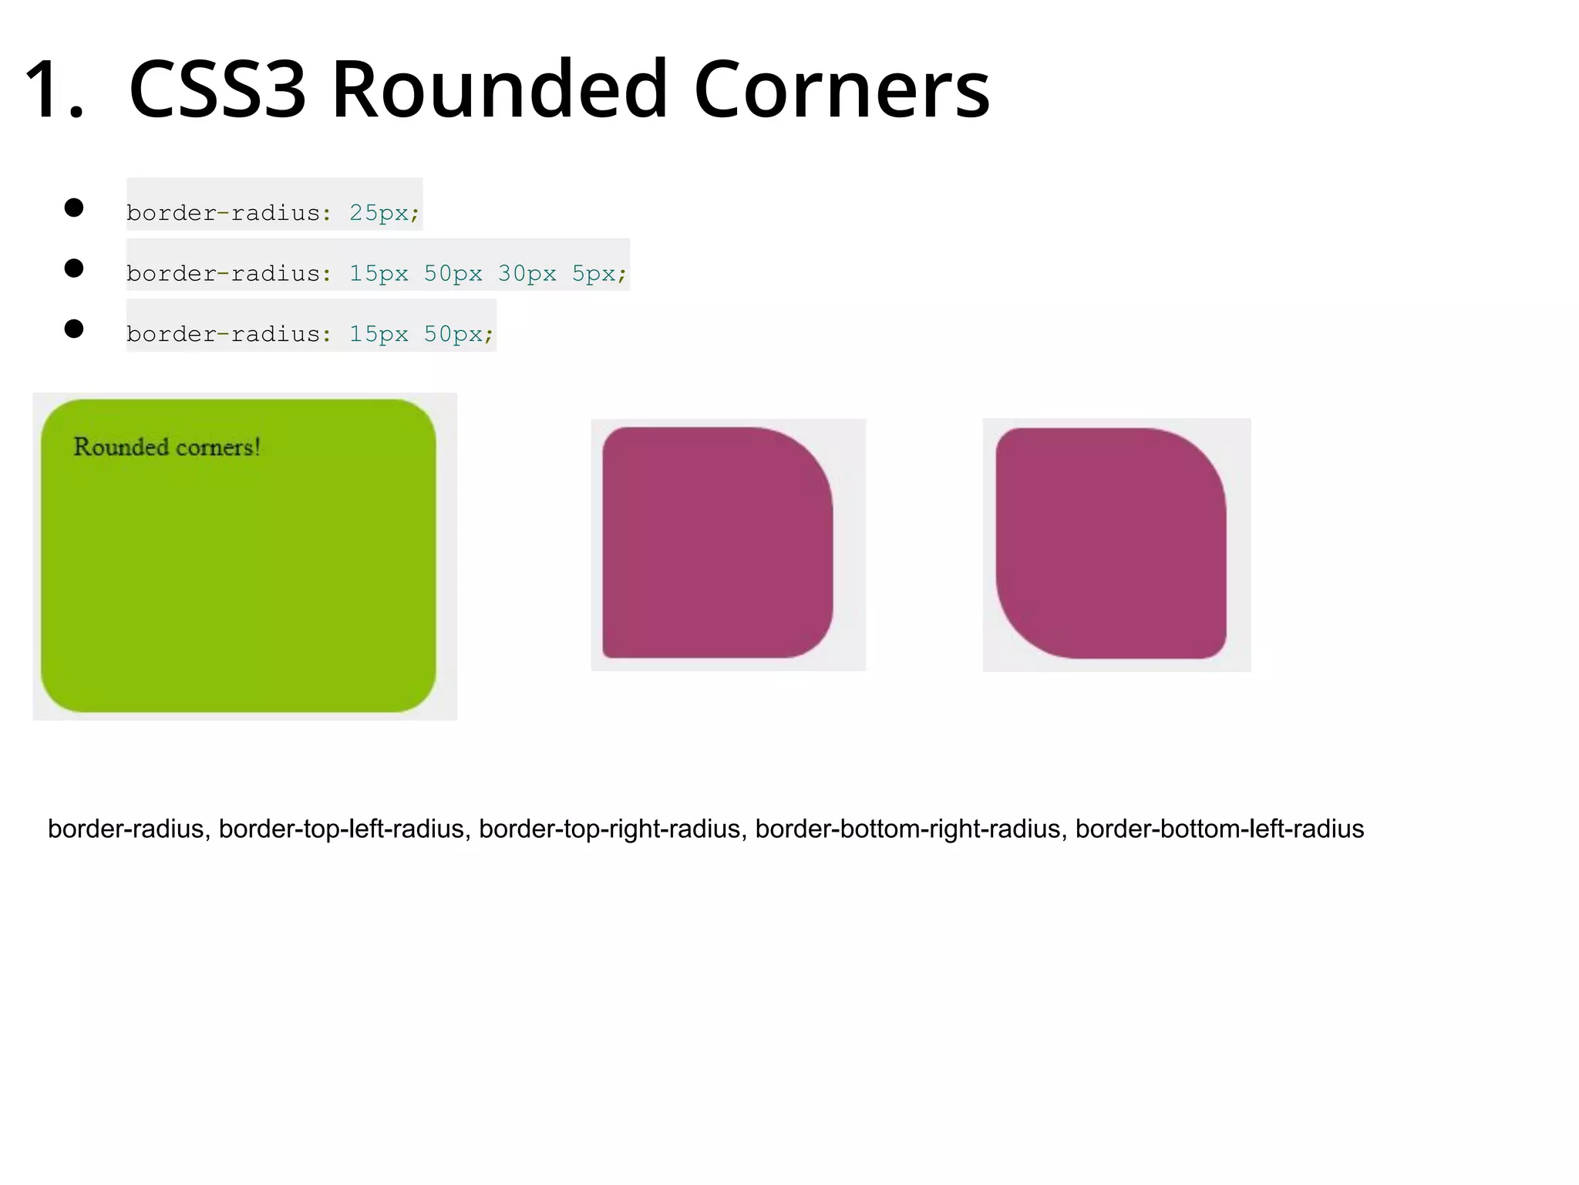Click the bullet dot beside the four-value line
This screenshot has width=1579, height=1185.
click(74, 268)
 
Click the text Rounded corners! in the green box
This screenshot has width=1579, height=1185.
click(167, 447)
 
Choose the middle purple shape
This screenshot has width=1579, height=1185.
click(717, 542)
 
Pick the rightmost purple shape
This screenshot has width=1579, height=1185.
click(1110, 542)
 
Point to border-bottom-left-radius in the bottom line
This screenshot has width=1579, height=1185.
click(1220, 829)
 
